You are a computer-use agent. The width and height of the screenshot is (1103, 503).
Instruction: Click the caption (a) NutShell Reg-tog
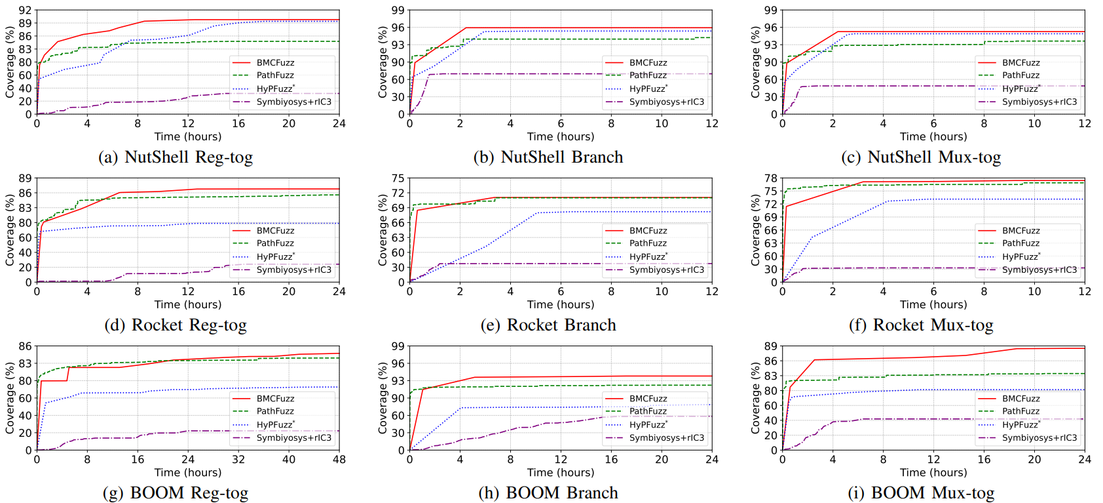[x=176, y=157]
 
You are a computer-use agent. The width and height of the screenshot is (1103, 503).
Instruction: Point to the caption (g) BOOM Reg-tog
[x=176, y=493]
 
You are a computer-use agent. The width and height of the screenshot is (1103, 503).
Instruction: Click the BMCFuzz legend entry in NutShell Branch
[x=648, y=63]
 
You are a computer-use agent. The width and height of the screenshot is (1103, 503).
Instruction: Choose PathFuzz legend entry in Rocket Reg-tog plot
[x=275, y=243]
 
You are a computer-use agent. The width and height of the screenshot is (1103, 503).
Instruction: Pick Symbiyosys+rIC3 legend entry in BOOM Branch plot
[x=666, y=437]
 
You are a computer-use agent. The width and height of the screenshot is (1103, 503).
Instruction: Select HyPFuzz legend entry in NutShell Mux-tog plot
[x=1020, y=89]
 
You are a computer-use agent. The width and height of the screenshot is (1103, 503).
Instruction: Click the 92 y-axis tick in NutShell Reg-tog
[x=25, y=10]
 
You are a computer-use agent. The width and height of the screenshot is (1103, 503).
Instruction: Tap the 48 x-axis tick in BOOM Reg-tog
[x=339, y=460]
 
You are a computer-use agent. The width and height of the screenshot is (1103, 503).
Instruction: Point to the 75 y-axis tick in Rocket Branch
[x=398, y=178]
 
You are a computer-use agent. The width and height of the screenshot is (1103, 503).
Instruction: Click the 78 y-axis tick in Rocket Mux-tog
[x=770, y=178]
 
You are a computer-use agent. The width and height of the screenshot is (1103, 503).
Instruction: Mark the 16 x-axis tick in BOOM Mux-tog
[x=984, y=460]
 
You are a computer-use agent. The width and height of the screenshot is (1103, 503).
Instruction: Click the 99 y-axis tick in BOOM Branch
[x=398, y=346]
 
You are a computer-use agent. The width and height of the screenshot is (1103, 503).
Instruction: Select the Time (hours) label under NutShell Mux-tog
[x=933, y=136]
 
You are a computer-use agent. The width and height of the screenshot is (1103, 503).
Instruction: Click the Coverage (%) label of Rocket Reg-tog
[x=10, y=230]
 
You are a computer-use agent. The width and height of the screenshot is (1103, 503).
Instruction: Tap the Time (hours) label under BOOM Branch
[x=561, y=472]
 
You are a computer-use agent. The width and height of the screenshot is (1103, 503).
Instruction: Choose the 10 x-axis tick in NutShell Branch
[x=662, y=124]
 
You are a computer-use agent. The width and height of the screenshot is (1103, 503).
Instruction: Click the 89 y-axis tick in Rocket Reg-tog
[x=25, y=178]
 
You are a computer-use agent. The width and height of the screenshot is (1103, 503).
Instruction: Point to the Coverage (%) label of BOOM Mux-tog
[x=755, y=397]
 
